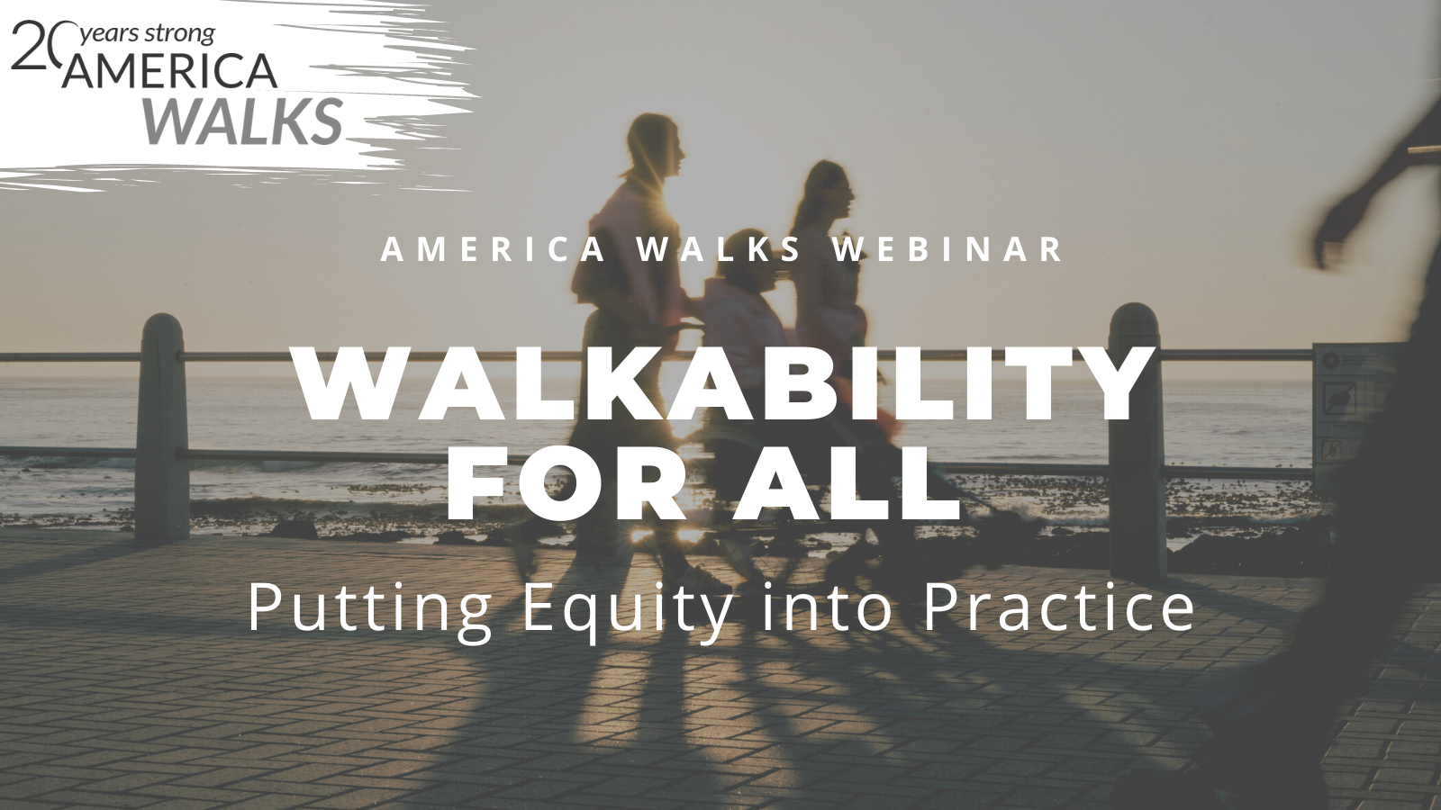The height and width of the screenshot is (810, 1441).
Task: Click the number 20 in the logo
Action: [x=37, y=45]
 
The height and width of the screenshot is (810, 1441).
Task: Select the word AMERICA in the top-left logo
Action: [x=168, y=71]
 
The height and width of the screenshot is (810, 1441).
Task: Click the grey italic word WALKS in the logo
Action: [x=242, y=121]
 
